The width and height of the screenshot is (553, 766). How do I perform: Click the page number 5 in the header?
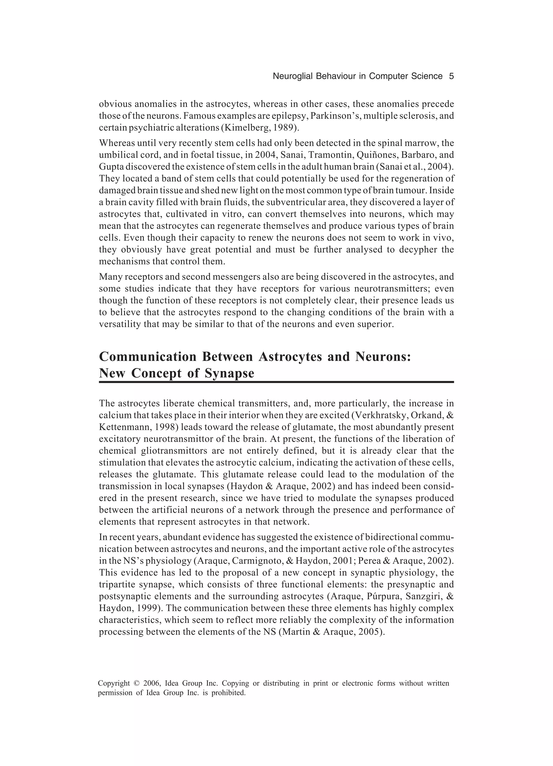click(x=451, y=76)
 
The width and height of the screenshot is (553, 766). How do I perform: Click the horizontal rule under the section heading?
click(x=276, y=382)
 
